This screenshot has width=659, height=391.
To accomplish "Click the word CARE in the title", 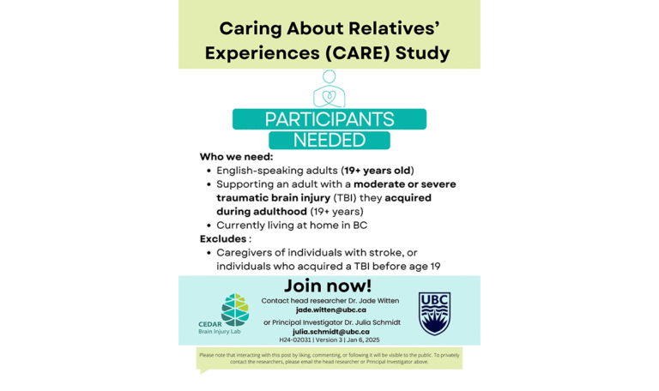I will pyautogui.click(x=357, y=52).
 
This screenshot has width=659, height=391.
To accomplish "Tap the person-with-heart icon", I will pyautogui.click(x=329, y=89).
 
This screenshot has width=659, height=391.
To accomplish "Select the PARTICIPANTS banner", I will pyautogui.click(x=329, y=119).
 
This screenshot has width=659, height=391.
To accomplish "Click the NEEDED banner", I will pyautogui.click(x=329, y=140).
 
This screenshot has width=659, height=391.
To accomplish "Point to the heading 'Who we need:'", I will pyautogui.click(x=236, y=157).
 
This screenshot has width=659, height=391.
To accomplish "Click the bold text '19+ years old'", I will pyautogui.click(x=378, y=171).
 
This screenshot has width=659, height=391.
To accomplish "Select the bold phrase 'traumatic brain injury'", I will pyautogui.click(x=274, y=198).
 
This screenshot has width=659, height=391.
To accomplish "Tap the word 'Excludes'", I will pyautogui.click(x=223, y=238).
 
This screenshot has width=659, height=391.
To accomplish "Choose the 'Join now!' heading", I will pyautogui.click(x=329, y=286).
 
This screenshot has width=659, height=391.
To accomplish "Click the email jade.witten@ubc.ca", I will pyautogui.click(x=330, y=310).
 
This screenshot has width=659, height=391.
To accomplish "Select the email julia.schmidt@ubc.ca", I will pyautogui.click(x=330, y=331).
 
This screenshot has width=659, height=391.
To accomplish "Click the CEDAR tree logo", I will pyautogui.click(x=234, y=309).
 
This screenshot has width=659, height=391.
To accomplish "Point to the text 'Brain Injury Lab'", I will pyautogui.click(x=220, y=332).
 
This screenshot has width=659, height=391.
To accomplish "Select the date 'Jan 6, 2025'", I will pyautogui.click(x=363, y=340).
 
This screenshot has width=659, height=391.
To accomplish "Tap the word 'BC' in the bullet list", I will pyautogui.click(x=360, y=226).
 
